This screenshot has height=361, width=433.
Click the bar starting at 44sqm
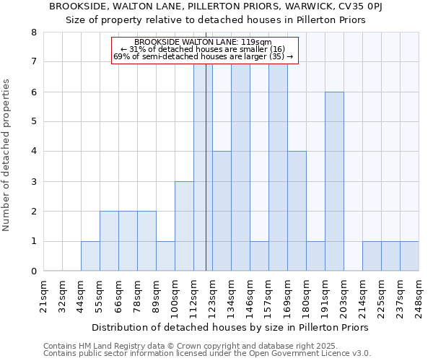click(90, 256)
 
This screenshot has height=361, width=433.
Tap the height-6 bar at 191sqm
click(334, 181)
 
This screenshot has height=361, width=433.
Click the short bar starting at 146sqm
click(259, 256)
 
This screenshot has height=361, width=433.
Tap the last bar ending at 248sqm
click(409, 256)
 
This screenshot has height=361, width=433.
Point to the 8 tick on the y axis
click(33, 32)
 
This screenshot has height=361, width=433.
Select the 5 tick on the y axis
click(33, 121)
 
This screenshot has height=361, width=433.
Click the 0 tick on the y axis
click(33, 271)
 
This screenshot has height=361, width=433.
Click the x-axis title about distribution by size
click(231, 327)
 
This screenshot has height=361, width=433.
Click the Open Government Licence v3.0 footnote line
click(207, 354)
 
